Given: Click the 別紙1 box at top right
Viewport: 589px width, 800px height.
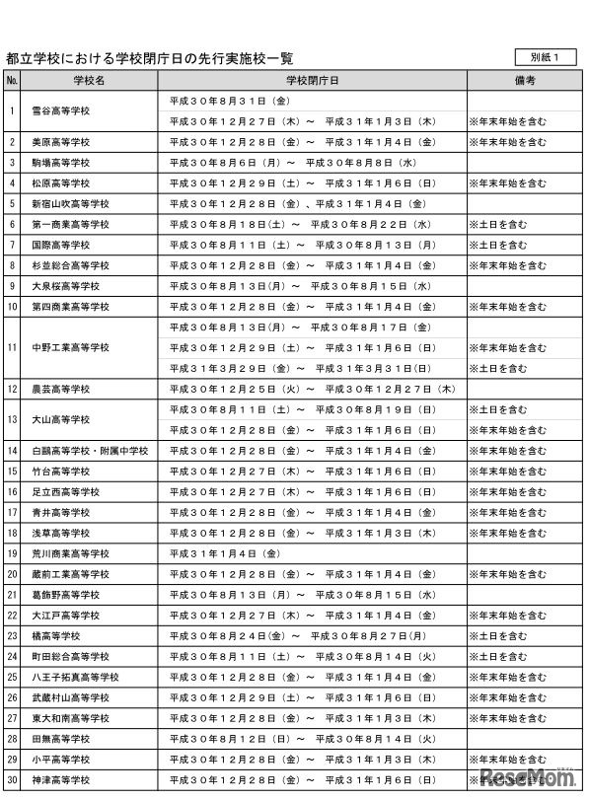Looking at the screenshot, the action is [x=545, y=57].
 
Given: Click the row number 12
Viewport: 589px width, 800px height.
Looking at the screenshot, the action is [x=12, y=389].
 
